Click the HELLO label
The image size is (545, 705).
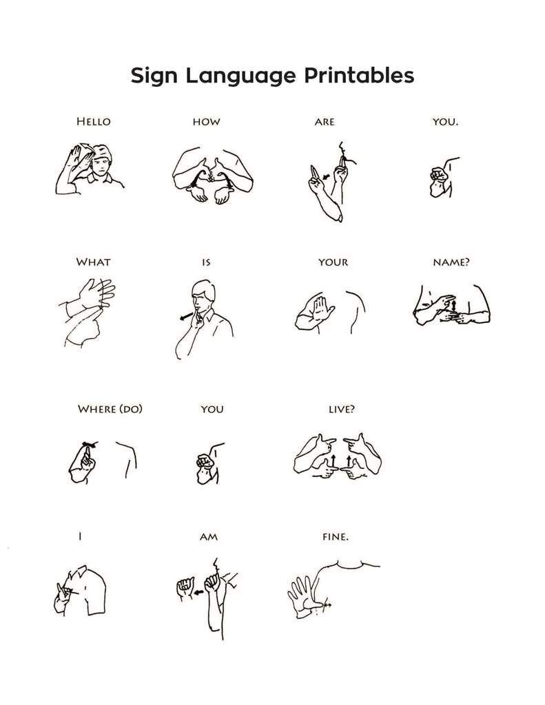click(x=93, y=122)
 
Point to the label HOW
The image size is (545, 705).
click(x=206, y=122)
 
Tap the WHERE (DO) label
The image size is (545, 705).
click(x=110, y=409)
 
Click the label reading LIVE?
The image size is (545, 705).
click(x=342, y=409)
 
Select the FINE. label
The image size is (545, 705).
click(x=336, y=537)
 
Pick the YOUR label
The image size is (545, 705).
click(x=333, y=262)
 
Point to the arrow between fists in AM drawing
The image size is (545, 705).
click(x=197, y=590)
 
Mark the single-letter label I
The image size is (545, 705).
click(x=79, y=537)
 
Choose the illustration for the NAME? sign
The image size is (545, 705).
click(x=451, y=307)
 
